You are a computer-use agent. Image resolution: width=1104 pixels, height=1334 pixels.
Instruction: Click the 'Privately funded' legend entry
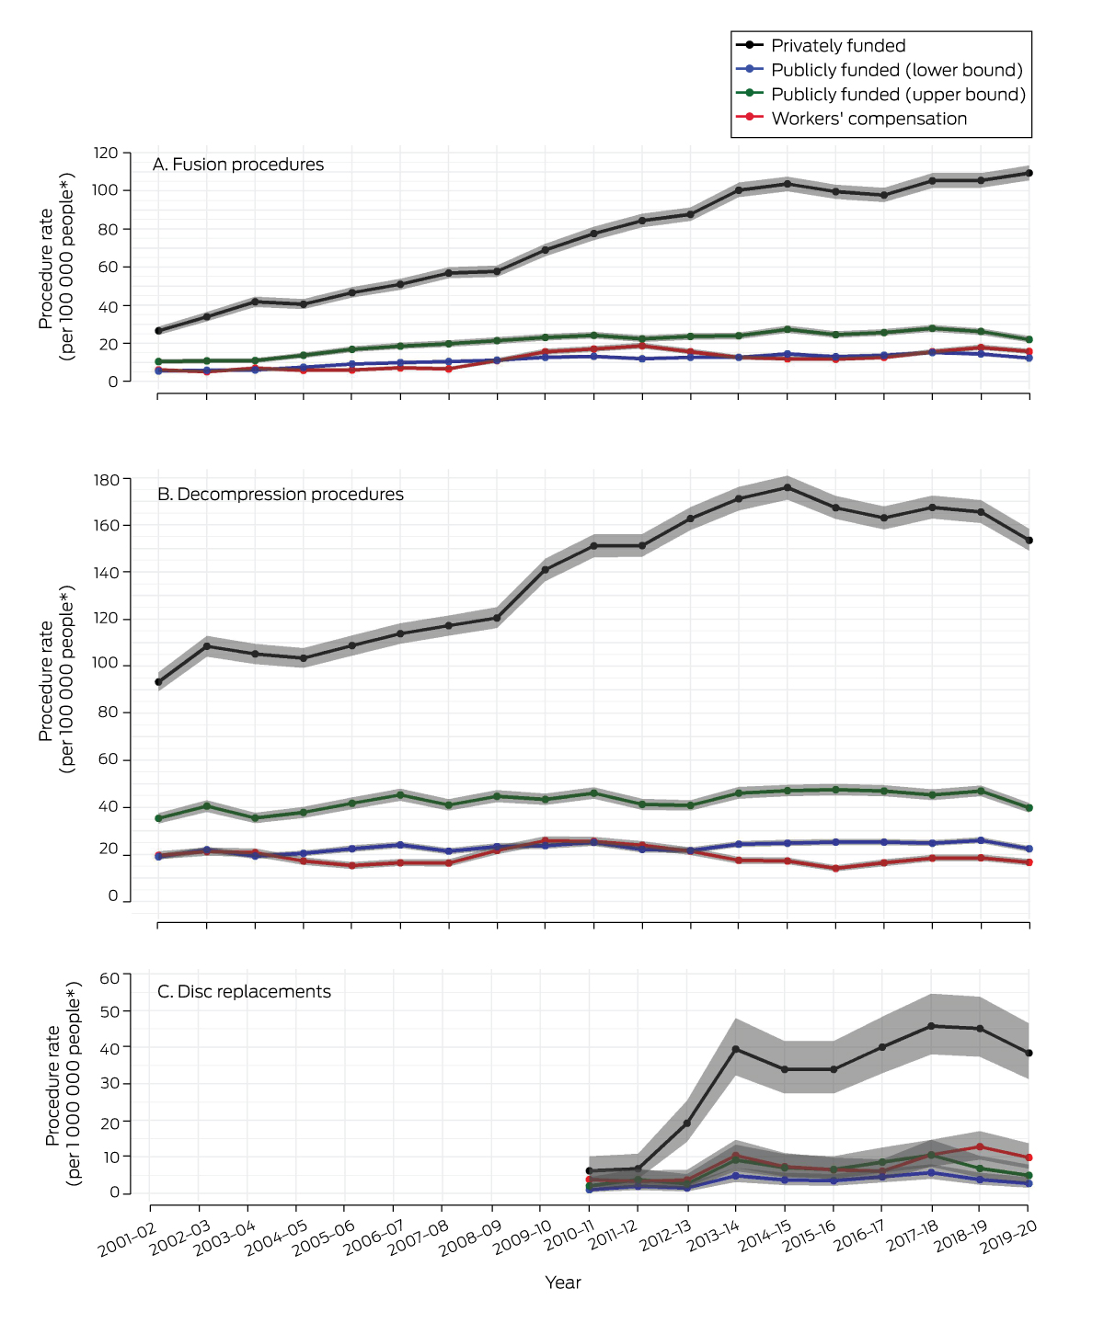(x=837, y=46)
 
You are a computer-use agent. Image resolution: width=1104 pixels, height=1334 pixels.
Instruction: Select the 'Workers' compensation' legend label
(x=868, y=119)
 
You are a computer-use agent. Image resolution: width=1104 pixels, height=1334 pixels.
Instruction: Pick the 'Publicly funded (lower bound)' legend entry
(x=896, y=70)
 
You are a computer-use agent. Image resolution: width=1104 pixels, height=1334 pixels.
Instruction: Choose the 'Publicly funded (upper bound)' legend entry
(x=898, y=95)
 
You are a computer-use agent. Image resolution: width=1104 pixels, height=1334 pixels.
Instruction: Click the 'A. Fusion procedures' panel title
(x=238, y=165)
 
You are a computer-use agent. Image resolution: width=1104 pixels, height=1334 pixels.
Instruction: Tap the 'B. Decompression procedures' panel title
(x=281, y=495)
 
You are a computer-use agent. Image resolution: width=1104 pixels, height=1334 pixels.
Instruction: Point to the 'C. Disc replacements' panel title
(x=244, y=992)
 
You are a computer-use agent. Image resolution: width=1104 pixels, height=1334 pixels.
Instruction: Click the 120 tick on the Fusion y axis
(x=106, y=153)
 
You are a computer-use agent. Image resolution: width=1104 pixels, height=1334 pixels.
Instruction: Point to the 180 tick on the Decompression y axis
(x=106, y=480)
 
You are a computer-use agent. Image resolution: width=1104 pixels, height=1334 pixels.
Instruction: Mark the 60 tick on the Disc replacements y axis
(x=109, y=978)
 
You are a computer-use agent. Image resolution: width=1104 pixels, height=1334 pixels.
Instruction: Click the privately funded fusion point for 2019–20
(x=1029, y=173)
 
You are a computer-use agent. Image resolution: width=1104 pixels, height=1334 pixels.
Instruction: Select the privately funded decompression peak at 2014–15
(x=787, y=487)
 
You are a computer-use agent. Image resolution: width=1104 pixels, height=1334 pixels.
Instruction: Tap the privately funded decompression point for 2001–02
(x=158, y=682)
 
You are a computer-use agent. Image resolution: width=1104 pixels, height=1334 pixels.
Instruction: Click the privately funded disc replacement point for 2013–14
(x=736, y=1049)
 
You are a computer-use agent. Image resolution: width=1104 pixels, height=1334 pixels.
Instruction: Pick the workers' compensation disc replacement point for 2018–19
(x=980, y=1147)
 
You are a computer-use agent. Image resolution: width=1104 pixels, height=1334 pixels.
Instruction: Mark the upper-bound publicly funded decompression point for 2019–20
(x=1029, y=808)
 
